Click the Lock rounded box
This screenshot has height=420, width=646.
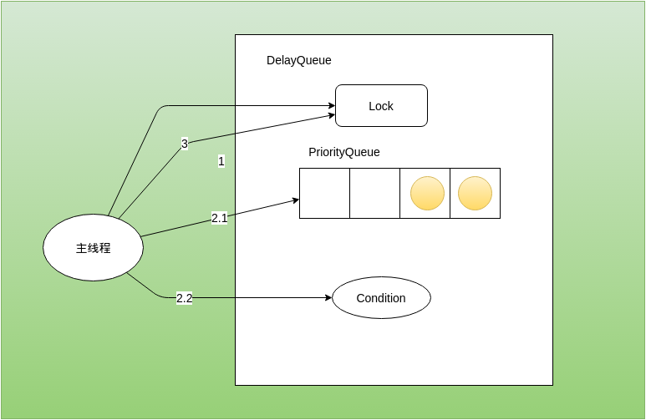pos(381,105)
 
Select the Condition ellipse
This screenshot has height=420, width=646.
pos(381,298)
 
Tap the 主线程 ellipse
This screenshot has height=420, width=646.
pos(93,248)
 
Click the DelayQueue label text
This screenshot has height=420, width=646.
pos(299,60)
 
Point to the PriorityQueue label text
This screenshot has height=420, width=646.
pos(344,152)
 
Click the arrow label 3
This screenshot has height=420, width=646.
pos(185,144)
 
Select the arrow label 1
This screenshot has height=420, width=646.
pos(221,161)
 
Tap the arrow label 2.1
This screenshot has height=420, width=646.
pos(219,218)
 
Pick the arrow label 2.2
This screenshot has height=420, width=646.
pos(184,298)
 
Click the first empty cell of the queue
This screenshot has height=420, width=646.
pos(324,193)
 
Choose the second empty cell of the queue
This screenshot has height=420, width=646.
pos(374,193)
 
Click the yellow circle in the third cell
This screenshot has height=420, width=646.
pos(427,193)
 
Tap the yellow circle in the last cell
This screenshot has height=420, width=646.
pos(475,193)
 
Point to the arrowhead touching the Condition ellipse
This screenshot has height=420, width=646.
pos(328,297)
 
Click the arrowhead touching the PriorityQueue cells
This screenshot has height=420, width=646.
pos(296,200)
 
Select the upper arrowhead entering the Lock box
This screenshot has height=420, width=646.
pos(331,106)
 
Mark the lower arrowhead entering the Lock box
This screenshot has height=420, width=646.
pos(331,115)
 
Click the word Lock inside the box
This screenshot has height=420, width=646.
pos(381,106)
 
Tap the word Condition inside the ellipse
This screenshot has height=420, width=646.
pos(381,298)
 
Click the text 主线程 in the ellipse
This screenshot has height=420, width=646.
pos(93,248)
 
